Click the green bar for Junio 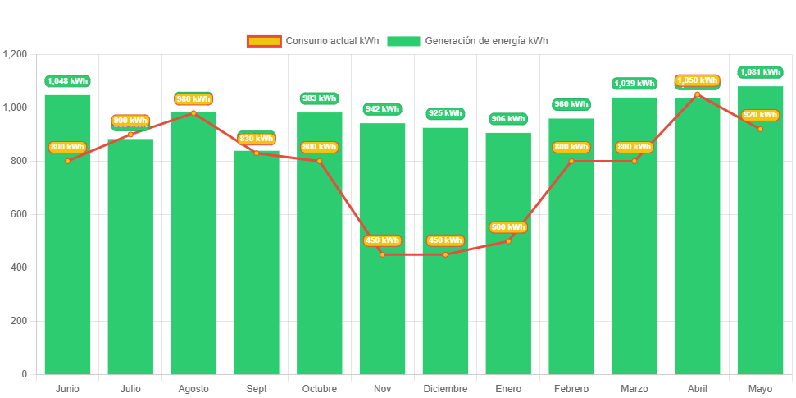[67, 246]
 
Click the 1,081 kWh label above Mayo [760, 72]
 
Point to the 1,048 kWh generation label [67, 81]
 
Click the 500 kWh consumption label [508, 227]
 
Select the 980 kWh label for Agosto [193, 99]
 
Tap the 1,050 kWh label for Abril [697, 80]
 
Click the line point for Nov [382, 254]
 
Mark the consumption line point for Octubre [320, 161]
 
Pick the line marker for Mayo [760, 129]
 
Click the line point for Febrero [571, 161]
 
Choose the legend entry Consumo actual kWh [312, 41]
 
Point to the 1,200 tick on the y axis [15, 54]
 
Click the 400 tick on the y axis [18, 268]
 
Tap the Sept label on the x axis [257, 388]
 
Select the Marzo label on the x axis [635, 388]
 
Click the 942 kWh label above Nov [382, 109]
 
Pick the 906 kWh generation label [508, 119]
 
